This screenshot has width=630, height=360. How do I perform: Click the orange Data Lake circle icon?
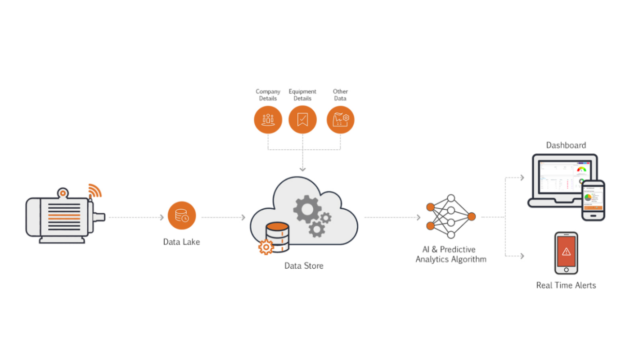tap(182, 216)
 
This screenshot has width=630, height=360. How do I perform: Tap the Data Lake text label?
tap(181, 242)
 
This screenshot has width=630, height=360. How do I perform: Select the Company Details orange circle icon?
tap(268, 120)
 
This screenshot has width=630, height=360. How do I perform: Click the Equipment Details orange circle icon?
tap(303, 120)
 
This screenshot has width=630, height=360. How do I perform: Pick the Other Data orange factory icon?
tap(341, 120)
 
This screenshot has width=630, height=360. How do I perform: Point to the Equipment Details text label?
tap(302, 95)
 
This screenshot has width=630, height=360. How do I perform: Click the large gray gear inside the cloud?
tap(307, 208)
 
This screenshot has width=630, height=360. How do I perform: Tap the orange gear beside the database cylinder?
tap(266, 247)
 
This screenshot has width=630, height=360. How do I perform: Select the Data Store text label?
tap(304, 266)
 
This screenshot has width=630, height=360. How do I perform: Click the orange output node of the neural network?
tap(472, 217)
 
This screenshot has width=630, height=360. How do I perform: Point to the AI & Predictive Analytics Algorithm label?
tap(451, 254)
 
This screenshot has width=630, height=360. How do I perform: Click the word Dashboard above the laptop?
tap(566, 145)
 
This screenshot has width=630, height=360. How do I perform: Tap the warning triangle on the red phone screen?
tap(566, 251)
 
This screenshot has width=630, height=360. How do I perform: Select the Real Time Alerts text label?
tap(566, 285)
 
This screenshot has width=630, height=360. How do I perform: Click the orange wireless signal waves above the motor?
tap(95, 190)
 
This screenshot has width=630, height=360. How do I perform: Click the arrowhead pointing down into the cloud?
tap(303, 169)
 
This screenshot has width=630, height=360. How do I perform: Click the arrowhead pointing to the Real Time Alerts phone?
tap(522, 256)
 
